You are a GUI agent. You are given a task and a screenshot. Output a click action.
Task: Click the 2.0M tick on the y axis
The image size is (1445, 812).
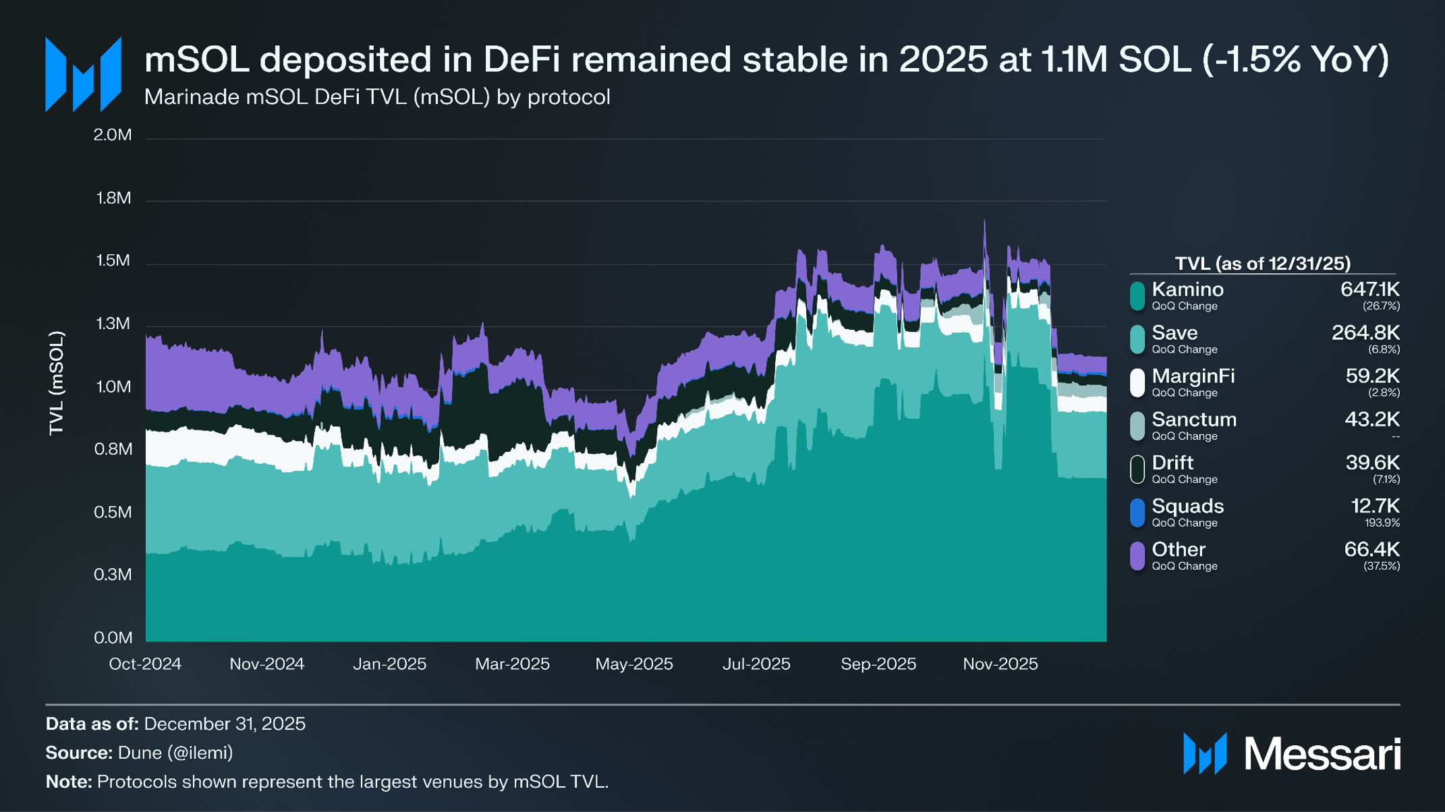coord(113,135)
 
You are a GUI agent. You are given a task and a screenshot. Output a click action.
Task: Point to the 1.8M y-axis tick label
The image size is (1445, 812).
coord(113,198)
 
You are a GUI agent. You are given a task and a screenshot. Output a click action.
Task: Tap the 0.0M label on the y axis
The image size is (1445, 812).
coord(113,637)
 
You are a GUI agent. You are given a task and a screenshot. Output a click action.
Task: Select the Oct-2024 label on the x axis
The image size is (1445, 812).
coord(145,664)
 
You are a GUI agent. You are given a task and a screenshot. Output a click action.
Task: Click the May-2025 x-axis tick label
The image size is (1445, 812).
coord(634,664)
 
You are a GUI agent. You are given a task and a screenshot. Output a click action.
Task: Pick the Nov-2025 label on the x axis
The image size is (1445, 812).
coord(1000,664)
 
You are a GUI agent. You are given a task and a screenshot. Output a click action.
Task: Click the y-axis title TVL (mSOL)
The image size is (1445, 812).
coord(57,384)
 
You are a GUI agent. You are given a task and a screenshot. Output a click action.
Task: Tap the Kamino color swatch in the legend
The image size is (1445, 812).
coord(1137,295)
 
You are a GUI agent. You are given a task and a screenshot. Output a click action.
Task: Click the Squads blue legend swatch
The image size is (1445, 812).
coord(1137,513)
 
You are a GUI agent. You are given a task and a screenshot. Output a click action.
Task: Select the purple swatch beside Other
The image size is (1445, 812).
coord(1137,556)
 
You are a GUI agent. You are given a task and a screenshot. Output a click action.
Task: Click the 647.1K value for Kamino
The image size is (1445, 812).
coord(1369,289)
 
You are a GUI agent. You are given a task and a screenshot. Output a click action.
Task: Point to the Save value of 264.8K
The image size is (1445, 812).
coord(1365,332)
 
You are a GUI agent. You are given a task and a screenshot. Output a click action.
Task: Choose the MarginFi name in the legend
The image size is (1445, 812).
coord(1193,376)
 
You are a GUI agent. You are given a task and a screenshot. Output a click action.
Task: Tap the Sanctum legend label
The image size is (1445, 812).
coord(1194,419)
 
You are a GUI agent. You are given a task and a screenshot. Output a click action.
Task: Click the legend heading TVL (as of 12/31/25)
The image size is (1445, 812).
coord(1262,263)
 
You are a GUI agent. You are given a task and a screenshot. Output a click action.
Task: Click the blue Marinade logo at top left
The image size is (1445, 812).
coord(83,74)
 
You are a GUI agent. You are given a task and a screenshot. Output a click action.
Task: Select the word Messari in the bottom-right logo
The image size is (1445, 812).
coord(1322,753)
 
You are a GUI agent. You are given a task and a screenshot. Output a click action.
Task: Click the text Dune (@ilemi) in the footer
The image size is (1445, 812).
coord(175,753)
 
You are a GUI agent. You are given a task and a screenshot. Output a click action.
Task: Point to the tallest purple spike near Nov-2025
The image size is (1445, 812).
coord(984,221)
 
